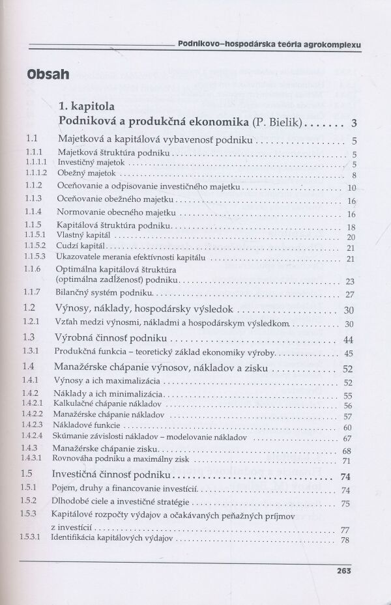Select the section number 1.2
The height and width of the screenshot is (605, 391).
(x=29, y=309)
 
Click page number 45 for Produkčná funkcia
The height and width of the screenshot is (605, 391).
(x=348, y=354)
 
